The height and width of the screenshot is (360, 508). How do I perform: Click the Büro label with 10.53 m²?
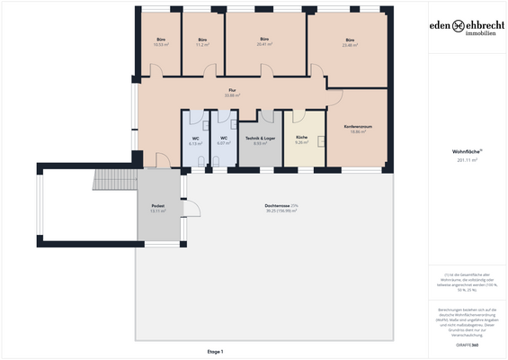[x=162, y=41]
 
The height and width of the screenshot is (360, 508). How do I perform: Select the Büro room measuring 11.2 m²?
[x=202, y=41]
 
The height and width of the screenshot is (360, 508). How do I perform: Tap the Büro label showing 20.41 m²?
[x=264, y=41]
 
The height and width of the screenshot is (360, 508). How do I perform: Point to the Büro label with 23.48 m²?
[x=349, y=41]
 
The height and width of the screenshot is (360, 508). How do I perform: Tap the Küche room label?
[x=301, y=140]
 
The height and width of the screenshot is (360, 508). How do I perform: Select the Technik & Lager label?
[x=259, y=140]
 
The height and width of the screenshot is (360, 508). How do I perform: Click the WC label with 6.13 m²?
[x=194, y=140]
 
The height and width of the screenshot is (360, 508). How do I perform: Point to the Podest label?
[x=158, y=208]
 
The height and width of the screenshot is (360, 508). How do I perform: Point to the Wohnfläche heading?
[x=465, y=152]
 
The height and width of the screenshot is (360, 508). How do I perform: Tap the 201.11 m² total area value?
[x=465, y=160]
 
